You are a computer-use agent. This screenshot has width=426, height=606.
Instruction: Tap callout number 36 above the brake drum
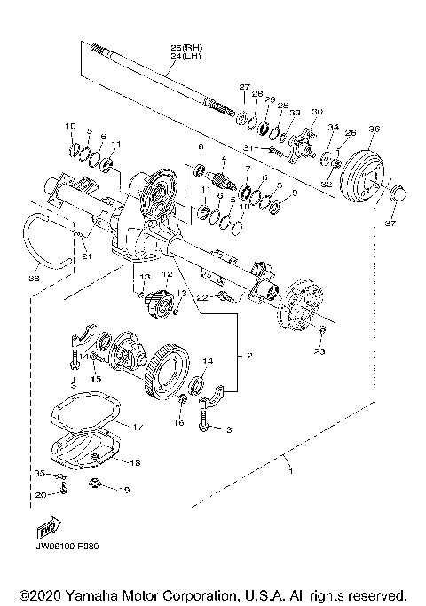[373, 130]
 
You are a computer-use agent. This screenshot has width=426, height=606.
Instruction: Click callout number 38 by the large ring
[34, 277]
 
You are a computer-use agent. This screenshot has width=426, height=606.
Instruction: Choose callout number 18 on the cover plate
[135, 462]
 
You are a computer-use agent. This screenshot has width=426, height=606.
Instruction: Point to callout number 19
[124, 489]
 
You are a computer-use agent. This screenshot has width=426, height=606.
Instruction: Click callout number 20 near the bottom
[41, 494]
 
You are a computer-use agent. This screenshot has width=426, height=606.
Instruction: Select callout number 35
[40, 473]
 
